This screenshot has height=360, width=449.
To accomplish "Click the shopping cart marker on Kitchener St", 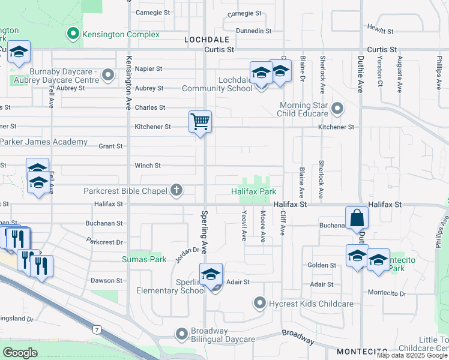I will pyautogui.click(x=200, y=122).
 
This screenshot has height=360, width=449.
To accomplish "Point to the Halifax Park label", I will pyautogui.click(x=254, y=191).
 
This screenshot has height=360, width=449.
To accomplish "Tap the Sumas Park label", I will pyautogui.click(x=143, y=259).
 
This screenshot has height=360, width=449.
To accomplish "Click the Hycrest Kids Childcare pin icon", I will pyautogui.click(x=259, y=303).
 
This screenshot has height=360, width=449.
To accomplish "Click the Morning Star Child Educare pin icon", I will pyautogui.click(x=337, y=109).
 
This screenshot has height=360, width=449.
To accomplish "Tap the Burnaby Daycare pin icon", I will pyautogui.click(x=108, y=75).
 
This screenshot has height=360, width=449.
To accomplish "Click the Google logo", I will pyautogui.click(x=20, y=352).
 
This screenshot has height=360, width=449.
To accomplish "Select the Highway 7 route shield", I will pyautogui.click(x=96, y=329).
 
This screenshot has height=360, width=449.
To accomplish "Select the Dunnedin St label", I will pyautogui.click(x=254, y=31).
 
